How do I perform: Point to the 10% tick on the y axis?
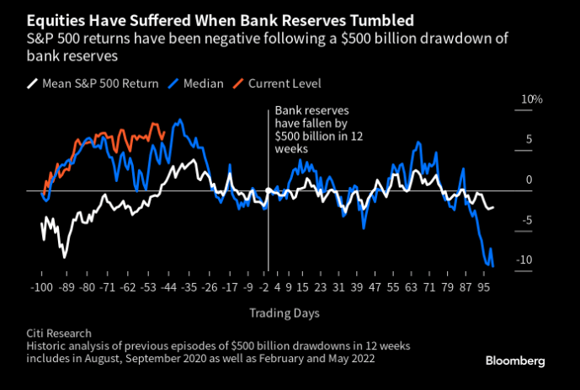532,99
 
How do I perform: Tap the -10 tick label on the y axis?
524,260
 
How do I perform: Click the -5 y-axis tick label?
527,221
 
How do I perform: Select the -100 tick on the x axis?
42,287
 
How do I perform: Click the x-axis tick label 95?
484,287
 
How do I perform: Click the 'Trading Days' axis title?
283,313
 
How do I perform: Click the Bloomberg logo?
515,360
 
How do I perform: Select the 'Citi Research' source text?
59,334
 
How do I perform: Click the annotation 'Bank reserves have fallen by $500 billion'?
307,129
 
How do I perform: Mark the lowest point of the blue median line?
492,266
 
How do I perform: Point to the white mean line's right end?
494,206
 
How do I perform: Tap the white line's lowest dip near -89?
63,256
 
